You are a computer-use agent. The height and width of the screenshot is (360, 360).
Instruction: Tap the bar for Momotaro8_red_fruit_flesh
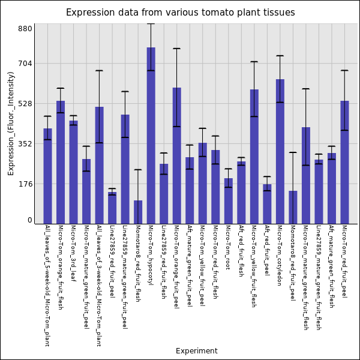pos(138,212)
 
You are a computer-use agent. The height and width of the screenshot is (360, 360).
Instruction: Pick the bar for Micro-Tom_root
pos(228,201)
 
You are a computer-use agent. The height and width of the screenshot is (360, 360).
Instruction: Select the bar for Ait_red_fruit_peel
pos(267,204)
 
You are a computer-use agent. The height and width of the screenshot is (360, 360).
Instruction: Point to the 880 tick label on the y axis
pos(25,29)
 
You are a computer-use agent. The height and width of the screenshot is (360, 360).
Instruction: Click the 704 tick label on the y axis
pos(25,64)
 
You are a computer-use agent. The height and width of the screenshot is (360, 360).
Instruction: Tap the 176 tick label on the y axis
pos(25,184)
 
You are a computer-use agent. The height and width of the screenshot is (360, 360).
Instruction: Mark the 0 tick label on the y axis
pos(29,221)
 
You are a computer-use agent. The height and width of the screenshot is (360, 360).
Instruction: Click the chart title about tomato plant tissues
pos(180,13)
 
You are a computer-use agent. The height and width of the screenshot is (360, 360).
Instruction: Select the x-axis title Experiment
pos(196,351)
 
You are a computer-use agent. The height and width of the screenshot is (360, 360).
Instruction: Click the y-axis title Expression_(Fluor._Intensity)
pos(11,123)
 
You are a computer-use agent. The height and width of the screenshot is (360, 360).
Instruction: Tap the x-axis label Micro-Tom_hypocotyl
pos(151,255)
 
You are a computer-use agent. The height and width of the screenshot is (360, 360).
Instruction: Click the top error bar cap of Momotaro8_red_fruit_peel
pos(293,152)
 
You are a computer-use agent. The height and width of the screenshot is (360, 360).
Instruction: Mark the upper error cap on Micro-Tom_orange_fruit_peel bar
pos(176,49)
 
